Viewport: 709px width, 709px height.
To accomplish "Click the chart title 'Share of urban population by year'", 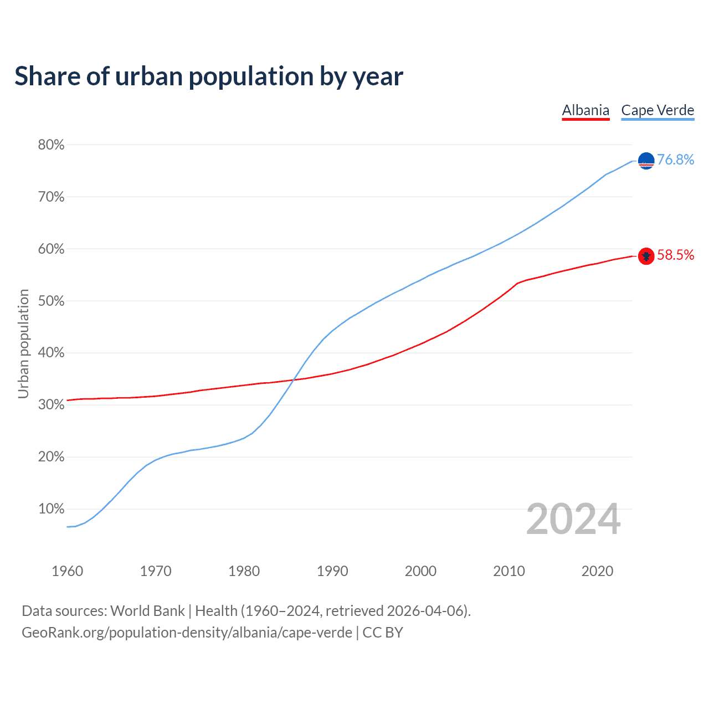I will [x=208, y=76].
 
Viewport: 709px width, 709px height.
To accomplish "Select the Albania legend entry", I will [x=585, y=110].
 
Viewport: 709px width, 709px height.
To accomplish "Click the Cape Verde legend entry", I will [x=657, y=110].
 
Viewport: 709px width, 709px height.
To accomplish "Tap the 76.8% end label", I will [x=675, y=160].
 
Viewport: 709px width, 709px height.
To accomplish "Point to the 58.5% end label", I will [x=675, y=255].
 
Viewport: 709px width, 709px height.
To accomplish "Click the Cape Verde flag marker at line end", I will [x=646, y=161].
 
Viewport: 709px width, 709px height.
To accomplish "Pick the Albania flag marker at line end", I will [x=646, y=255].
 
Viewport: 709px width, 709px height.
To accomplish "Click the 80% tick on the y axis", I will [x=51, y=145].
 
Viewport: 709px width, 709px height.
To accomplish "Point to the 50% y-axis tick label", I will [x=51, y=301].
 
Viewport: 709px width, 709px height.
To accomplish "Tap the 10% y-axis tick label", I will [x=51, y=509].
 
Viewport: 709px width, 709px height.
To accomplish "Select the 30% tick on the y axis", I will [x=51, y=405].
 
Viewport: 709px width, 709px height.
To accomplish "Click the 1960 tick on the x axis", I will [x=67, y=571].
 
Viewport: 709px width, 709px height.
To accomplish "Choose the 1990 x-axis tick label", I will [x=332, y=571].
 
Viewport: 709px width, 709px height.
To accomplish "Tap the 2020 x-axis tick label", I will [x=597, y=571].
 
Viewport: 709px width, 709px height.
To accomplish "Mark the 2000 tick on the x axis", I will [x=420, y=571].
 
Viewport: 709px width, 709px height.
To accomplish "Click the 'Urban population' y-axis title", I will [x=23, y=343].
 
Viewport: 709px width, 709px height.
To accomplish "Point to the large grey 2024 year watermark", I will [x=573, y=519].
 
